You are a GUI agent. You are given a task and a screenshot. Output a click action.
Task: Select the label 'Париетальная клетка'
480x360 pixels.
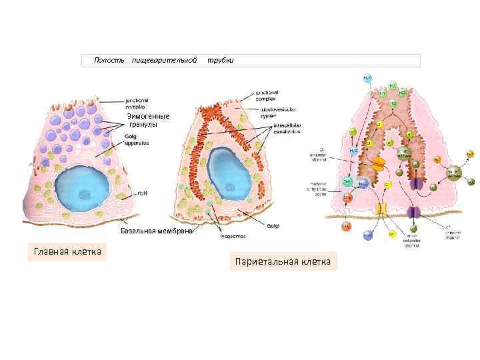pyautogui.click(x=282, y=261)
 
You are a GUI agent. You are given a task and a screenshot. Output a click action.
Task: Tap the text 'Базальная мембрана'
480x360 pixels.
pyautogui.click(x=156, y=231)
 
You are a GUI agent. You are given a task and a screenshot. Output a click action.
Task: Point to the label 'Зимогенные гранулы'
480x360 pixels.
pyautogui.click(x=148, y=121)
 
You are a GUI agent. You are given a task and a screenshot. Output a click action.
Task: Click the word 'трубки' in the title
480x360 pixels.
pyautogui.click(x=220, y=61)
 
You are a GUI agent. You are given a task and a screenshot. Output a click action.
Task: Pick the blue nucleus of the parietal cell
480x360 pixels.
pyautogui.click(x=229, y=173)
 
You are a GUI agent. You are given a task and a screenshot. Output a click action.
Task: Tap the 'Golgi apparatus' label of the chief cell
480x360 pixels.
pyautogui.click(x=137, y=139)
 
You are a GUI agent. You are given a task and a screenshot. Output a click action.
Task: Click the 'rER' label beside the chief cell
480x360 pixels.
pyautogui.click(x=142, y=195)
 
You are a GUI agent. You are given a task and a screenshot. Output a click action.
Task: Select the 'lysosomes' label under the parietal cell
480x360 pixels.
pyautogui.click(x=233, y=235)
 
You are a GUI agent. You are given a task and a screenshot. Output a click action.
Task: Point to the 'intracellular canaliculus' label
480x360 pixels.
pyautogui.click(x=287, y=128)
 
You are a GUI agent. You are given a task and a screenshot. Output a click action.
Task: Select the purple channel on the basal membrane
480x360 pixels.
pyautogui.click(x=415, y=213)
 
